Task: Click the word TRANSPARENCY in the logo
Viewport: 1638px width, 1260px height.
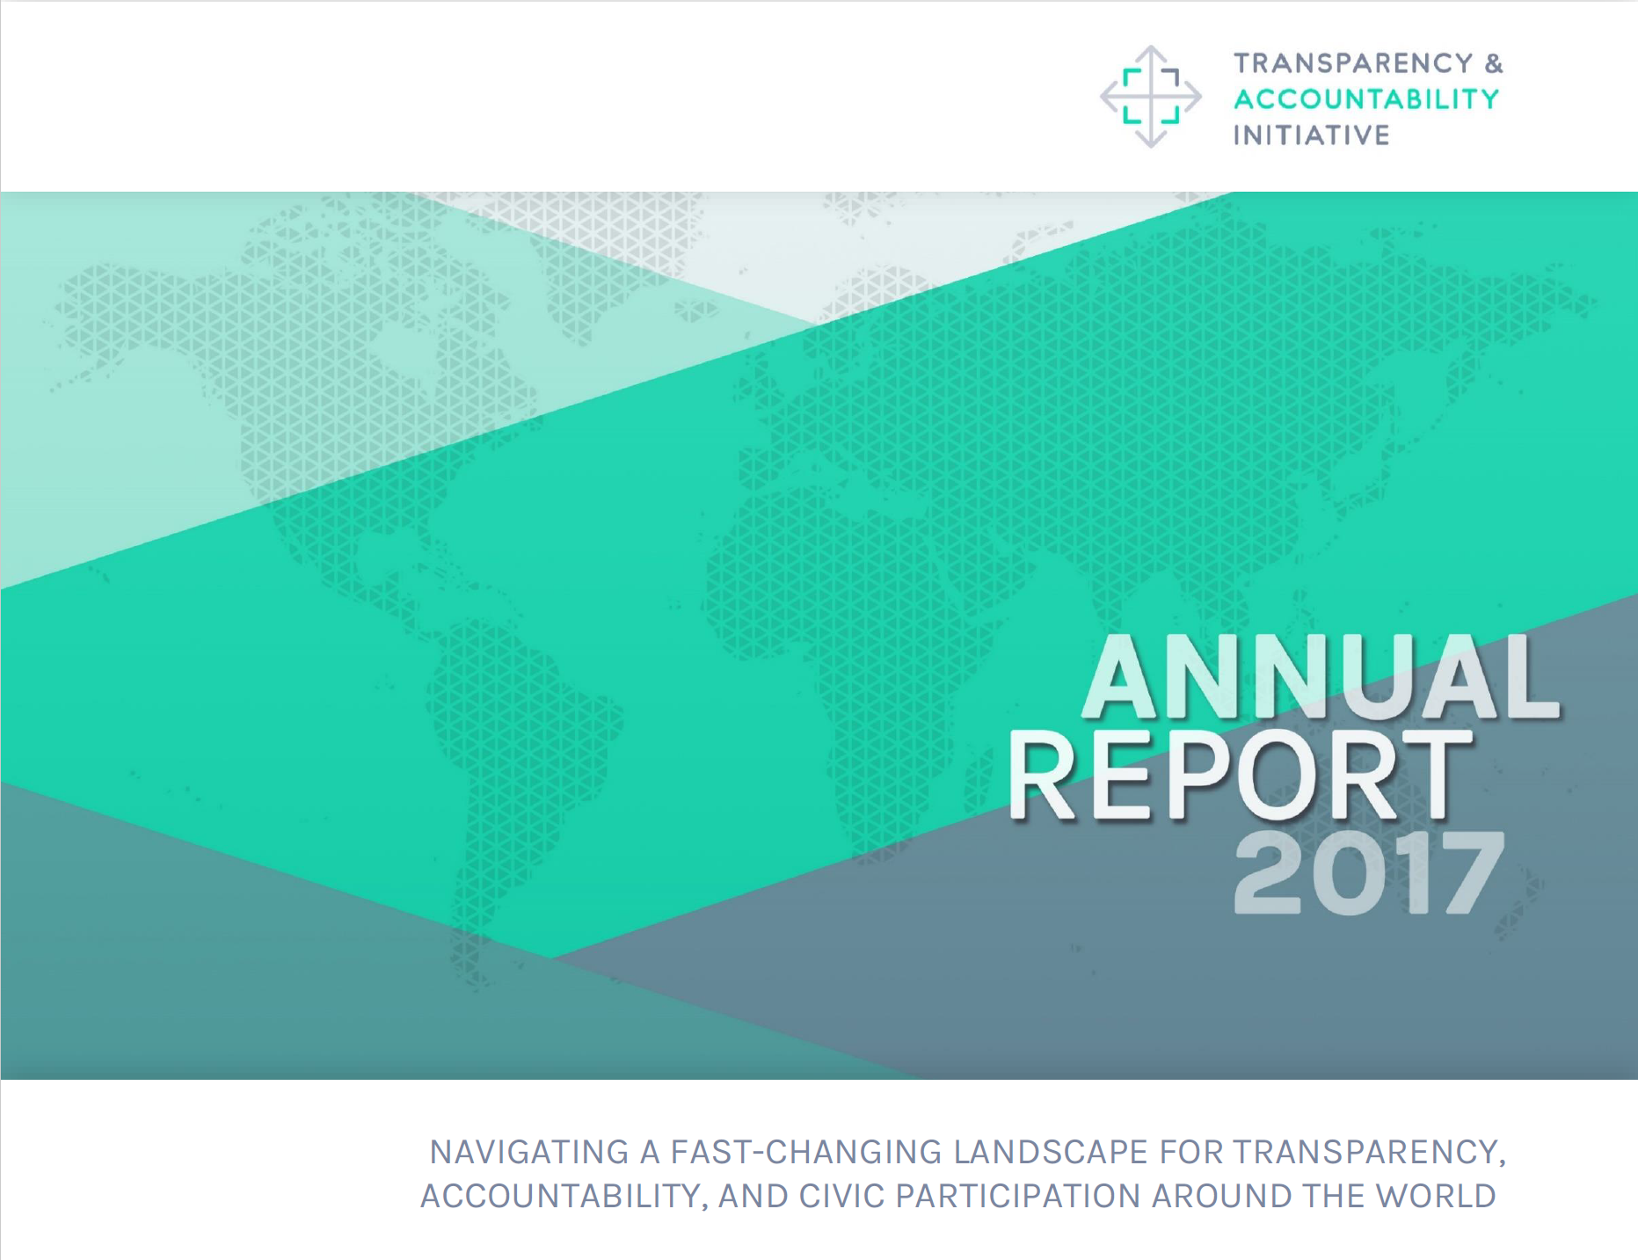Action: point(1353,63)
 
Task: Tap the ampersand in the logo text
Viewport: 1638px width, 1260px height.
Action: point(1494,63)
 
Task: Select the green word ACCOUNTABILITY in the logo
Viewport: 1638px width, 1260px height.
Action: point(1366,99)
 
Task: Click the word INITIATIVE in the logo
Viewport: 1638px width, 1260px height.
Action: point(1311,135)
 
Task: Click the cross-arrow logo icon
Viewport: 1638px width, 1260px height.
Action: point(1151,96)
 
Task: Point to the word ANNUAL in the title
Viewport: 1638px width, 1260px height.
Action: point(1321,676)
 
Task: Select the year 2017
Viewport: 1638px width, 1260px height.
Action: point(1368,873)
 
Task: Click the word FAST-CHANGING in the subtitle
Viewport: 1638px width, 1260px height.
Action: point(808,1152)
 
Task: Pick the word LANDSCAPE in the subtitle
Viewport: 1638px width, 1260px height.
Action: point(1052,1152)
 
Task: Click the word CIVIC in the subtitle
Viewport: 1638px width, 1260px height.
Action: point(841,1196)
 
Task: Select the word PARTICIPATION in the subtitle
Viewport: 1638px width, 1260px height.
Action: point(1018,1196)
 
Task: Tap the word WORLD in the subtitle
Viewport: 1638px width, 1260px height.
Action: point(1436,1196)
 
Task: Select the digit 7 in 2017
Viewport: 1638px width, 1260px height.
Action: point(1469,873)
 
